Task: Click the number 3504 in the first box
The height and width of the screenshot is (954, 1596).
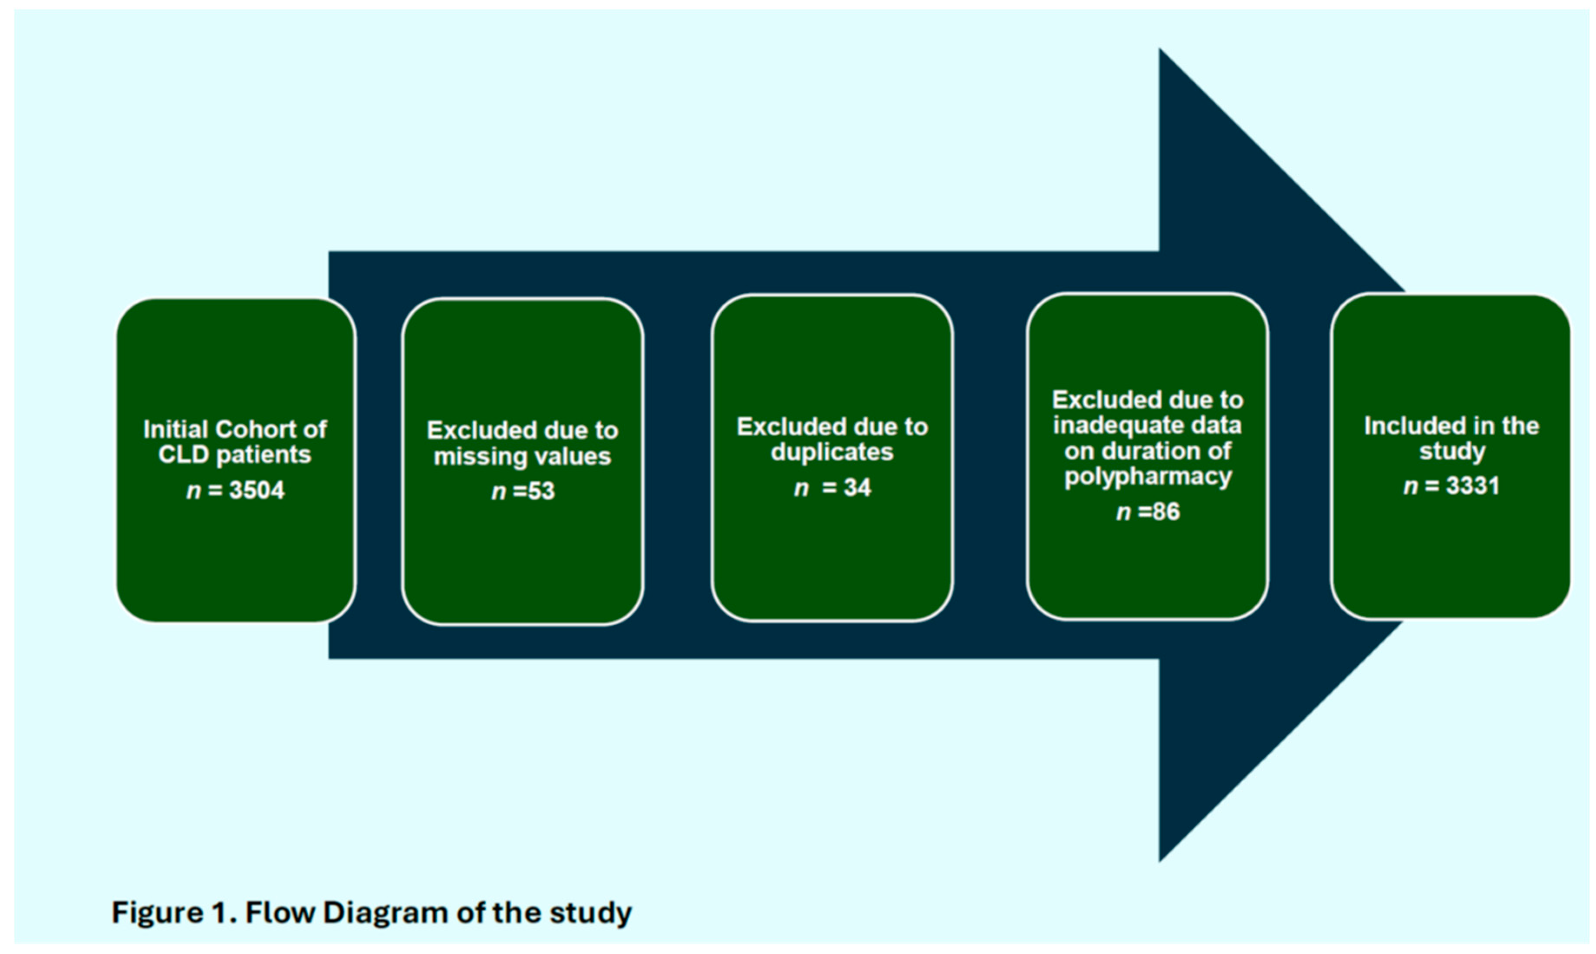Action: click(256, 490)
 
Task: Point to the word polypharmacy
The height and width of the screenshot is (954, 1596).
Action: click(1148, 477)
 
